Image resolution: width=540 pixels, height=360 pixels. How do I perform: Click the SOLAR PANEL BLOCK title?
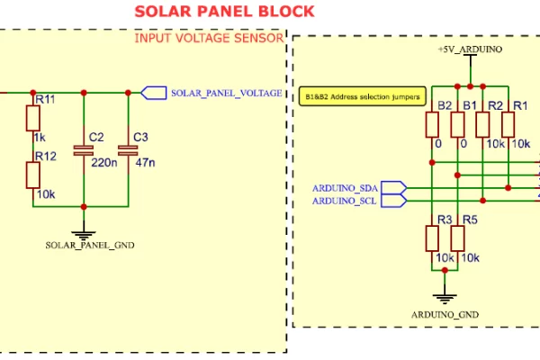(x=224, y=12)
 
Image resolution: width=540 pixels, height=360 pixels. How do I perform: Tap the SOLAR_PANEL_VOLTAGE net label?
(x=226, y=93)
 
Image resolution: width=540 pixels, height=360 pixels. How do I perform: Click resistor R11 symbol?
(x=33, y=120)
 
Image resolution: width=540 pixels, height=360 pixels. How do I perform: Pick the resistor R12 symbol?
(x=33, y=175)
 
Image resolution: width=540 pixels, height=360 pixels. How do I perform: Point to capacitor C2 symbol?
(x=84, y=150)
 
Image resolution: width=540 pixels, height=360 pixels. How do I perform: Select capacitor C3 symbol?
(x=129, y=150)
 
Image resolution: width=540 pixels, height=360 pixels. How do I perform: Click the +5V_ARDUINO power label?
(x=469, y=49)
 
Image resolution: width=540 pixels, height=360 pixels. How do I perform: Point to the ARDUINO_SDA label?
(x=346, y=187)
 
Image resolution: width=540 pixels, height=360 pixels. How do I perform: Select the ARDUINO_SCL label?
(x=346, y=201)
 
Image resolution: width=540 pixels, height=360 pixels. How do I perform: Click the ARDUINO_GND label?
(x=445, y=314)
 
